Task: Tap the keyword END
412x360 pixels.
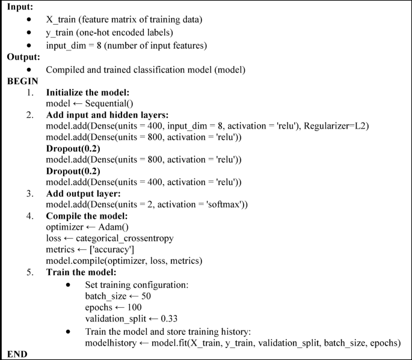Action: point(17,354)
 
